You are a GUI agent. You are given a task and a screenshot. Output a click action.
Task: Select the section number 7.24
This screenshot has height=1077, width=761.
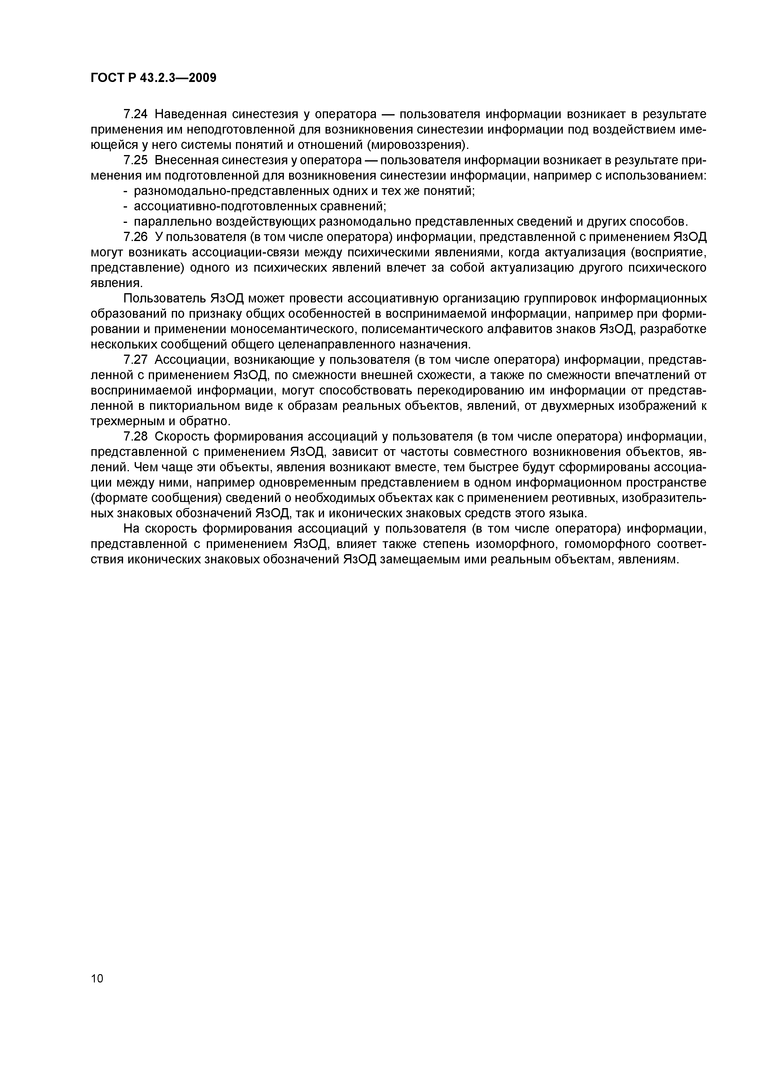[x=135, y=114]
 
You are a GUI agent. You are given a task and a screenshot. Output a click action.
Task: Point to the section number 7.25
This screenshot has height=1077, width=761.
[x=135, y=161]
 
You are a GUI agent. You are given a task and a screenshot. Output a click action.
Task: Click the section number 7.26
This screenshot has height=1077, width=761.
[x=135, y=237]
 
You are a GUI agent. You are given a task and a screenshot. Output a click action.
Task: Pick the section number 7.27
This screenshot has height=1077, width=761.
[x=135, y=360]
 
